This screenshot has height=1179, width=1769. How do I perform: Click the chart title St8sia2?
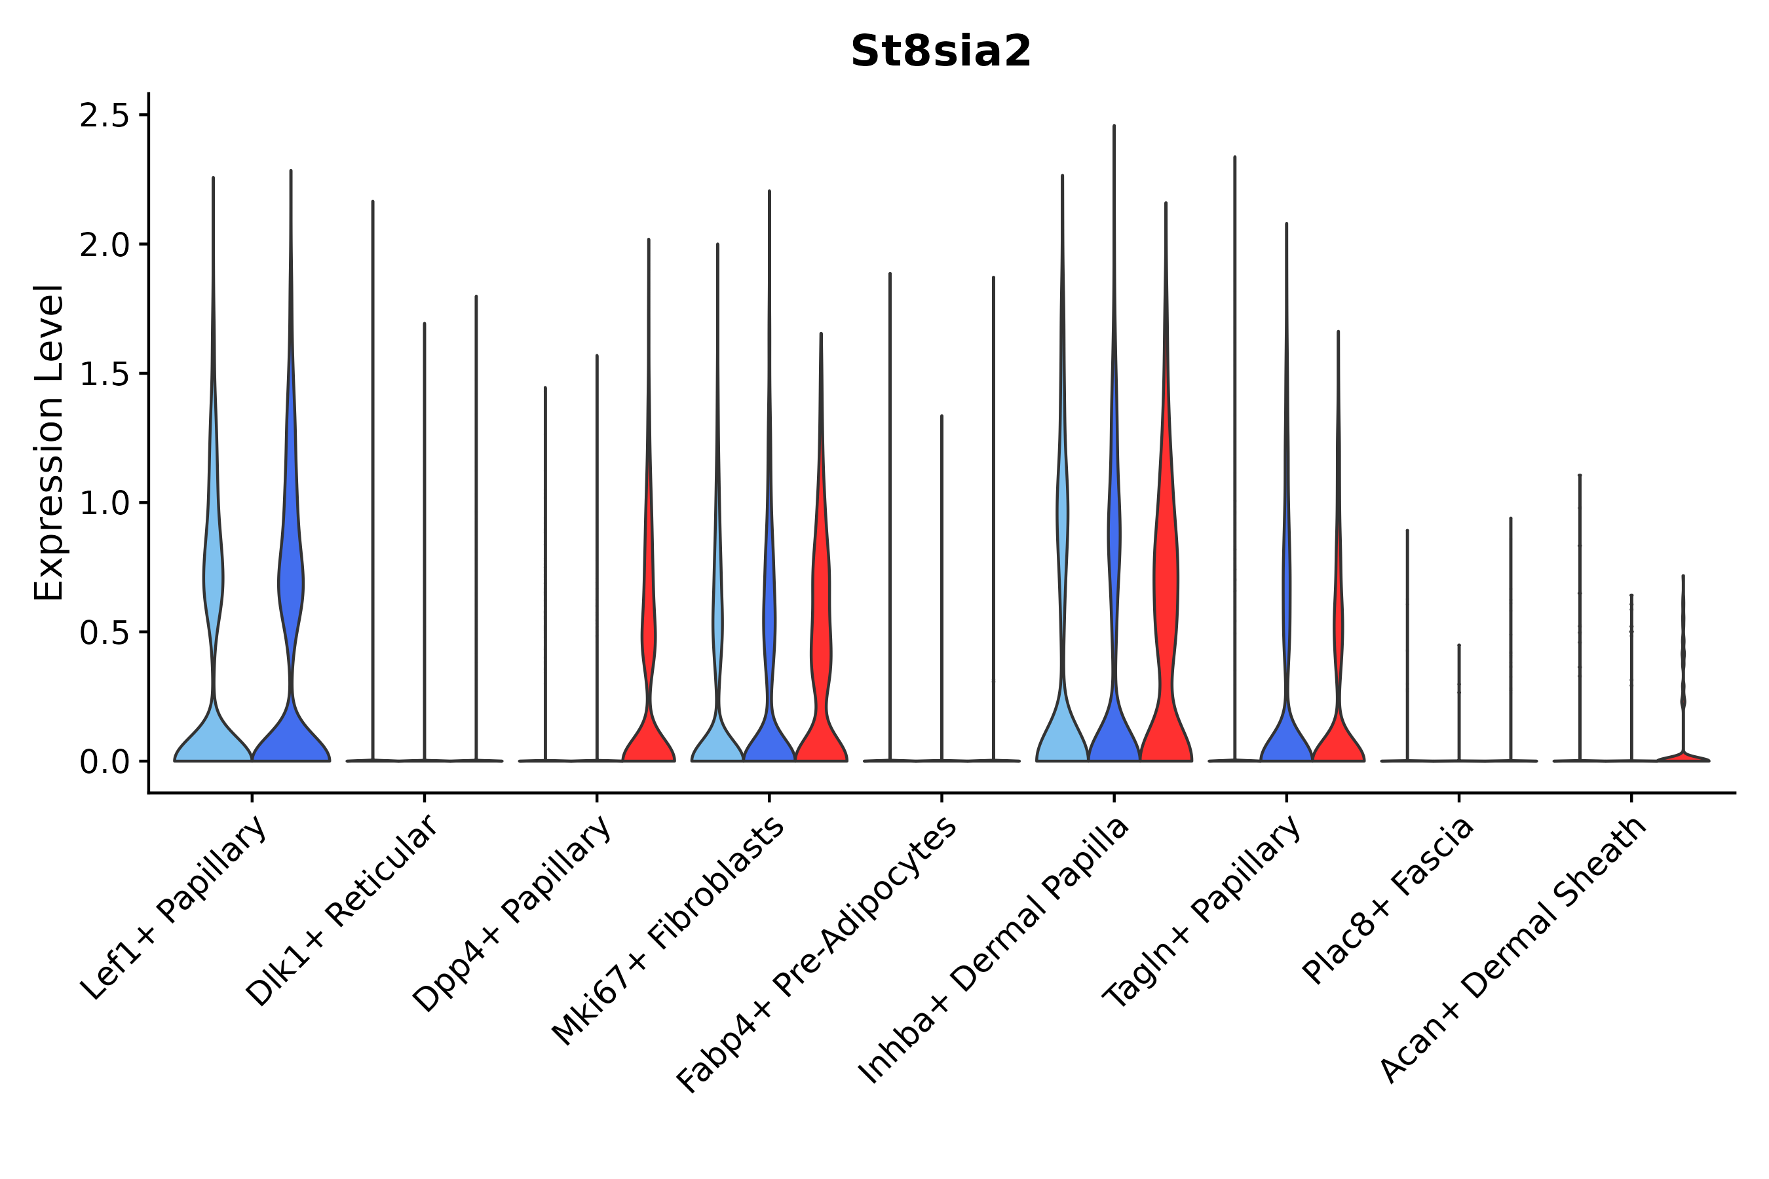[940, 52]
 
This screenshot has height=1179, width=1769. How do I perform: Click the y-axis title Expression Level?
[50, 442]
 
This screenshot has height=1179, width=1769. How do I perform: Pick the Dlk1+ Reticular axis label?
[342, 910]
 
